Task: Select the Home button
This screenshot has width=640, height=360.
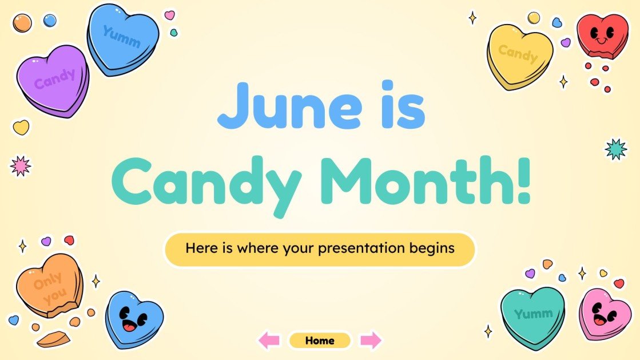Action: point(319,341)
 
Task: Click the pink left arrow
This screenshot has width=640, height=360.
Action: point(269,341)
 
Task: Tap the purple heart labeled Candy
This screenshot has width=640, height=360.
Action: point(53,81)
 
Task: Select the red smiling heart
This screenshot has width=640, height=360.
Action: point(602,35)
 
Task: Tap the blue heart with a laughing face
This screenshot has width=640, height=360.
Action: point(134,319)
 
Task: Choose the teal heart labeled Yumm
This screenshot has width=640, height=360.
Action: point(532,315)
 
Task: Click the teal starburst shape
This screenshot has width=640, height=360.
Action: point(616,149)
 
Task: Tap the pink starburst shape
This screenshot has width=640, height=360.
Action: point(21,165)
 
